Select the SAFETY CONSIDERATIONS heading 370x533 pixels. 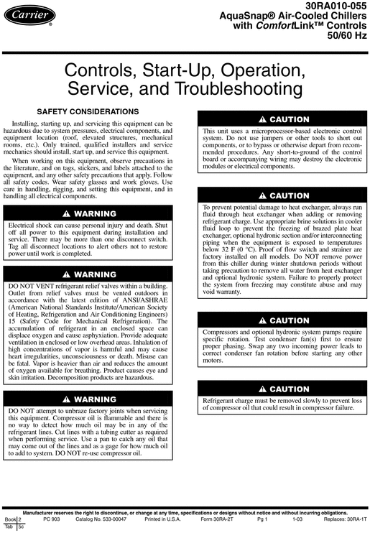click(x=88, y=112)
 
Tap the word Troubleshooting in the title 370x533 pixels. click(x=252, y=90)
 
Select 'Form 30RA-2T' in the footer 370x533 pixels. click(x=216, y=519)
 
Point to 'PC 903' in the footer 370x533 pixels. click(x=51, y=519)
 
